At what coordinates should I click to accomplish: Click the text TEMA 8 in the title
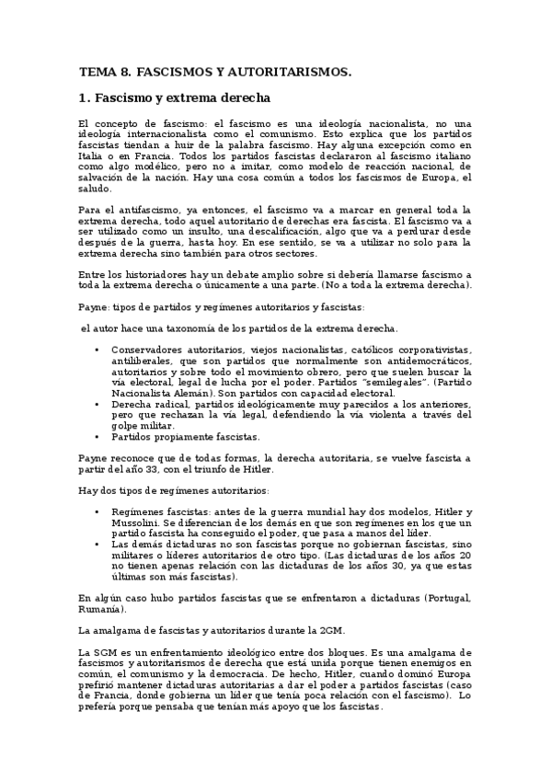105,70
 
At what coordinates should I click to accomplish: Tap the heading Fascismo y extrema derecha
181,98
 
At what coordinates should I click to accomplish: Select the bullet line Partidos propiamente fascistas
186,438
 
